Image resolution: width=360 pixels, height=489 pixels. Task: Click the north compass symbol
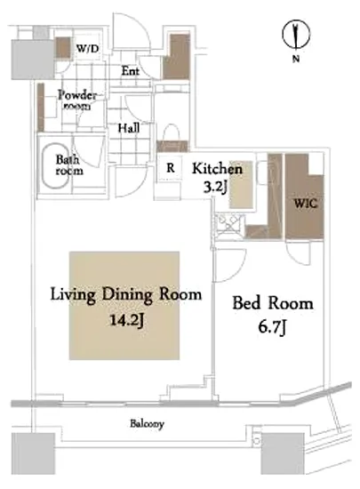tap(296, 35)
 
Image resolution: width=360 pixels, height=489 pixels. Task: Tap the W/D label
tap(88, 48)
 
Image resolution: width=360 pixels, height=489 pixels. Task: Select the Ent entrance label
tap(131, 71)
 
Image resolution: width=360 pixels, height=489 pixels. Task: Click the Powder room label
tap(77, 100)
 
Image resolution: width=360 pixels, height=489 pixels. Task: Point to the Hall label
tap(128, 128)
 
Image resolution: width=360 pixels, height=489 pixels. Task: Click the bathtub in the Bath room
tap(55, 166)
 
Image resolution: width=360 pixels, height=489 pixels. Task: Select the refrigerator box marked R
tap(170, 168)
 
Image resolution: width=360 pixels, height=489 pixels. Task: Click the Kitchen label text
tap(217, 169)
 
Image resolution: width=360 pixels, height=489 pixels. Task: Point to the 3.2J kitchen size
tap(215, 187)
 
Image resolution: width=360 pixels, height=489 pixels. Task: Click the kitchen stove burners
tap(229, 224)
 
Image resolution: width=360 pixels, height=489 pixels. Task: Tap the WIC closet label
tap(306, 204)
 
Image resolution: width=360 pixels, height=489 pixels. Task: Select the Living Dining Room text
tap(126, 294)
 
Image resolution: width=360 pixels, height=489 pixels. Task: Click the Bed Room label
tap(273, 303)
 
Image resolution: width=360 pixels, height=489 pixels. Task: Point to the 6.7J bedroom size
tap(272, 328)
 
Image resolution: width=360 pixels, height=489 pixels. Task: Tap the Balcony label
tap(147, 424)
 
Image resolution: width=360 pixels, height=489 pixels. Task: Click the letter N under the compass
tap(296, 59)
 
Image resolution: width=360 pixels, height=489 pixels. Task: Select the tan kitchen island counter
tap(241, 184)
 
